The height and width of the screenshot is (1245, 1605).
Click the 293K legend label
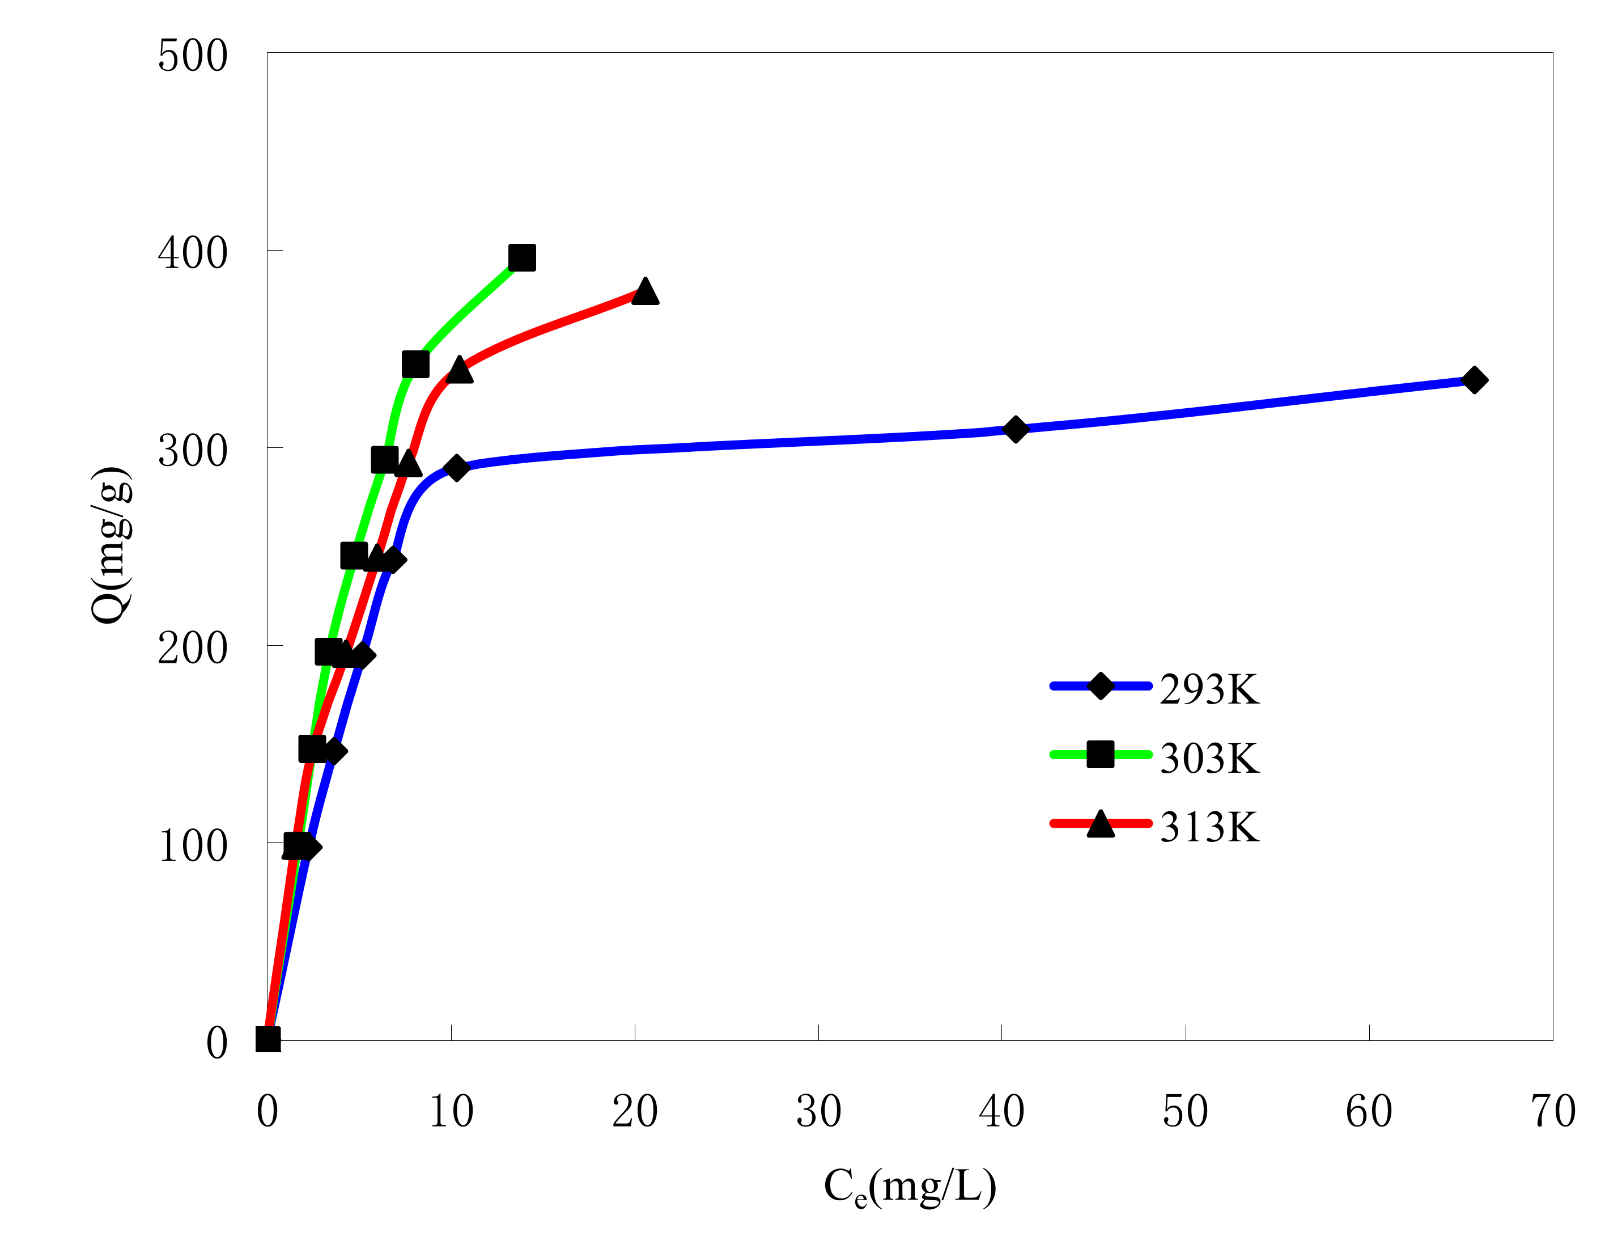[1209, 689]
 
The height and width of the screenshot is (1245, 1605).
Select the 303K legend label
[1209, 759]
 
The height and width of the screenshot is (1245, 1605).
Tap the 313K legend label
[1209, 828]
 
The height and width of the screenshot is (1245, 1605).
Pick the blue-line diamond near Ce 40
[1015, 429]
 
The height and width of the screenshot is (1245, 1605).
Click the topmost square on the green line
[522, 258]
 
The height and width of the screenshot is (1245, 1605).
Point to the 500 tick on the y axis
[193, 56]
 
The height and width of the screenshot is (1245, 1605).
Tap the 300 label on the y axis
[193, 451]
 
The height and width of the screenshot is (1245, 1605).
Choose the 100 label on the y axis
[193, 846]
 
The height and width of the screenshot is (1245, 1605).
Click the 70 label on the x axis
[1553, 1111]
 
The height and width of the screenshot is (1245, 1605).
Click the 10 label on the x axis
[451, 1111]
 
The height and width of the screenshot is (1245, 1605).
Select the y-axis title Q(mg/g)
[112, 545]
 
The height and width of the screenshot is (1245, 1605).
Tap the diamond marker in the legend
[1100, 685]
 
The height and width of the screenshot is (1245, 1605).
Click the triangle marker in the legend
[1100, 824]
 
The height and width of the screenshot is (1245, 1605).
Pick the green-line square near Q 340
[416, 364]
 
